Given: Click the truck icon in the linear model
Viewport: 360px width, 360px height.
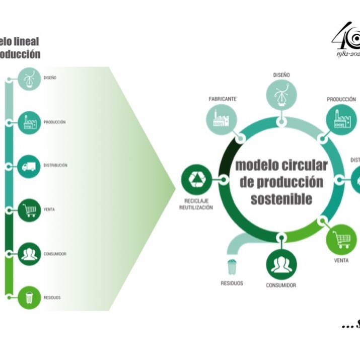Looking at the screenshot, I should pyautogui.click(x=29, y=166).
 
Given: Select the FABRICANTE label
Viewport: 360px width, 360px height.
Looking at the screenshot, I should pyautogui.click(x=223, y=99).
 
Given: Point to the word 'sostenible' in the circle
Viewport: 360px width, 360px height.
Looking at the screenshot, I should pyautogui.click(x=281, y=198).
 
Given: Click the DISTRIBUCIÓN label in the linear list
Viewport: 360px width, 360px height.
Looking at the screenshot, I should pyautogui.click(x=55, y=165).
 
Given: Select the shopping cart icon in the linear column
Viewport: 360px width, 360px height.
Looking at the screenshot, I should pyautogui.click(x=29, y=210).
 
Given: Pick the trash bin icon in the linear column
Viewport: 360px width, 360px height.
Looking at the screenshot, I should pyautogui.click(x=29, y=298).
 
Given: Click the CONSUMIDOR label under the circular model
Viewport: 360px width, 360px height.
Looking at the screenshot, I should pyautogui.click(x=281, y=285).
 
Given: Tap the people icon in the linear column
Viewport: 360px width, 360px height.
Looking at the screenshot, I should pyautogui.click(x=29, y=254).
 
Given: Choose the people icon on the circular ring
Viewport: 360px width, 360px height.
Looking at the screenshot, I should pyautogui.click(x=281, y=264).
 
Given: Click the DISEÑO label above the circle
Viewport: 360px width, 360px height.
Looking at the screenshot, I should pyautogui.click(x=281, y=75).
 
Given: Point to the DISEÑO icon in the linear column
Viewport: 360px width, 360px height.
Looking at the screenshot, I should pyautogui.click(x=29, y=78).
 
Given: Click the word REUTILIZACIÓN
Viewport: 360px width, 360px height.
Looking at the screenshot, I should pyautogui.click(x=196, y=207).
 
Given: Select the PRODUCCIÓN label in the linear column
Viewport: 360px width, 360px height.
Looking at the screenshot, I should pyautogui.click(x=55, y=122).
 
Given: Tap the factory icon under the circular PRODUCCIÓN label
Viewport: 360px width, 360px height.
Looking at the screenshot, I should pyautogui.click(x=341, y=119).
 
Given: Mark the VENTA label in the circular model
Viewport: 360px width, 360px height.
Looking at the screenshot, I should pyautogui.click(x=341, y=260).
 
